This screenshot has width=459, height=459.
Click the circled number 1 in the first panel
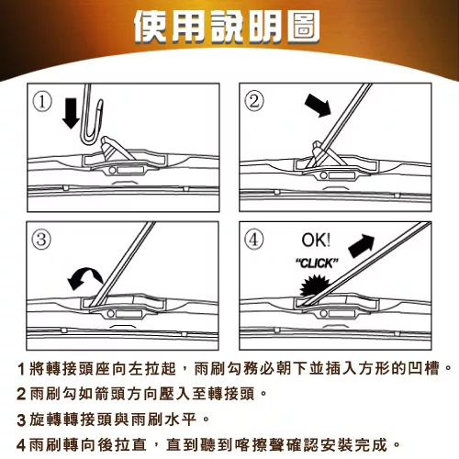(42, 102)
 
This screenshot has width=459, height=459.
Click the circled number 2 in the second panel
(254, 101)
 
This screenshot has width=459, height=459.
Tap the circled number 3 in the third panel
(41, 240)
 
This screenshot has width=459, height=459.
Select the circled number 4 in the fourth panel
(254, 240)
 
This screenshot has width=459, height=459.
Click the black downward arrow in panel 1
(71, 113)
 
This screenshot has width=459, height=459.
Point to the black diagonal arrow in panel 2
(319, 106)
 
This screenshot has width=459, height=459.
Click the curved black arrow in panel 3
(85, 278)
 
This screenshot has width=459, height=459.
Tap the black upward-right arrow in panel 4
(362, 246)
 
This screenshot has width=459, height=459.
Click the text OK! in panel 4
(316, 241)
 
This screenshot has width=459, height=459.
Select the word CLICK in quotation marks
(317, 263)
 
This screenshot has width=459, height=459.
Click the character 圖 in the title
(303, 27)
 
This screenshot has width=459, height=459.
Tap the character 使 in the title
(151, 27)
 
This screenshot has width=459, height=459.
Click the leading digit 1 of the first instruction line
(21, 369)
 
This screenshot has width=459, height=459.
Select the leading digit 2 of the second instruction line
(21, 394)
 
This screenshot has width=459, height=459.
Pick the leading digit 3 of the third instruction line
(21, 420)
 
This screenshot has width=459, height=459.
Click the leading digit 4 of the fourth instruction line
(21, 445)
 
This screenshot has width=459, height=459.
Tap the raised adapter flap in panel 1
(117, 148)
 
